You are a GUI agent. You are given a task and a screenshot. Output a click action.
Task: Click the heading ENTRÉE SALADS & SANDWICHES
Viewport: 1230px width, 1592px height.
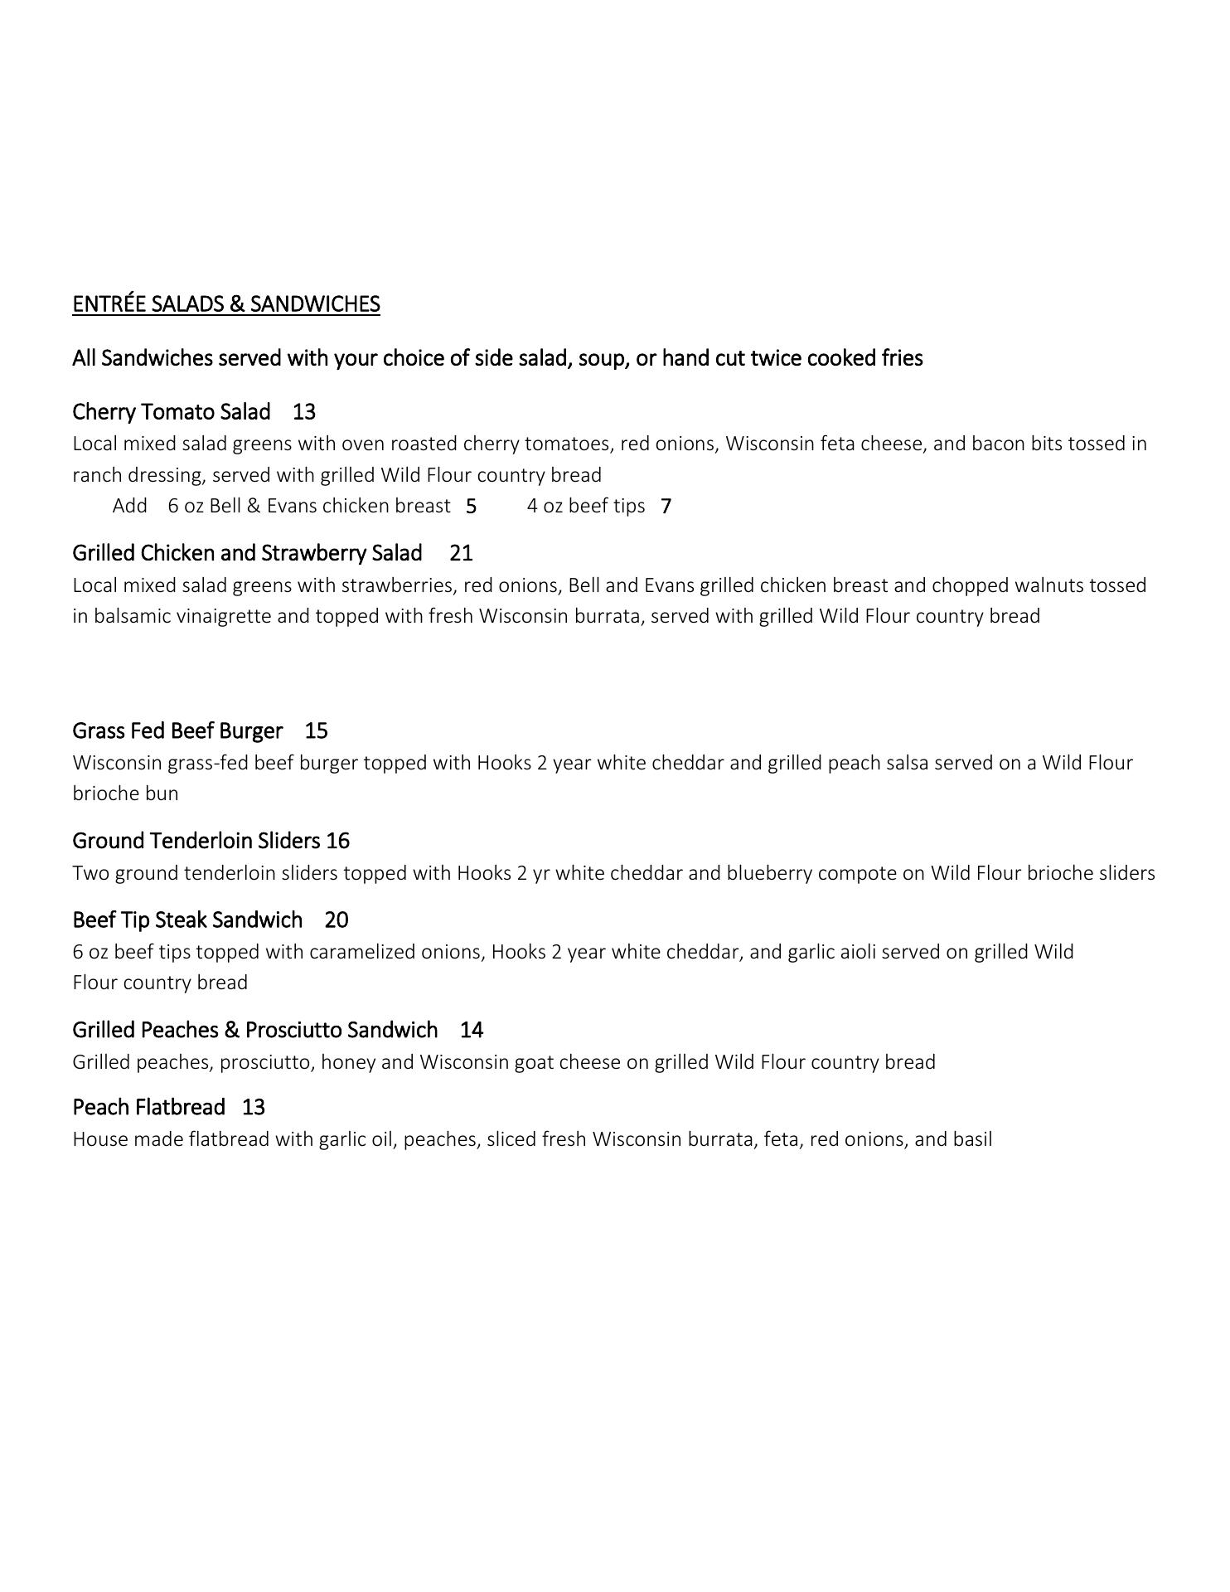pos(225,304)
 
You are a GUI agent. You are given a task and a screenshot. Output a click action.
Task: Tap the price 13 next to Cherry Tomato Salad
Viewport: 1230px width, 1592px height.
pos(304,412)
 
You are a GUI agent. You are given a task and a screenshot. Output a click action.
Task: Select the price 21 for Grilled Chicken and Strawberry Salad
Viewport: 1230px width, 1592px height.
pos(461,553)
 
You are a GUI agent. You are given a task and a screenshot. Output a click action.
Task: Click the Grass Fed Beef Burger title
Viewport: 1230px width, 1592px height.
pos(177,730)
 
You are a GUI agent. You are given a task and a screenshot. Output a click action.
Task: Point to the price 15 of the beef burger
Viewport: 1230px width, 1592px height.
pos(317,730)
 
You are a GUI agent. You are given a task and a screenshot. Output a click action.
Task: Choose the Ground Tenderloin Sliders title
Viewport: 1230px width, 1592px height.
pos(196,841)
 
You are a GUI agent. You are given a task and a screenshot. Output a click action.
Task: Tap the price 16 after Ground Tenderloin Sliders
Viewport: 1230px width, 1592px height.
pos(338,841)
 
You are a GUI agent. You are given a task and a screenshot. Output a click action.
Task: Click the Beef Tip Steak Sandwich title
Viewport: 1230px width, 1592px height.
pos(187,920)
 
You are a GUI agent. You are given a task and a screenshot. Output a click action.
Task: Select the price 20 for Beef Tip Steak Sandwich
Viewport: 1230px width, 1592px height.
pos(337,920)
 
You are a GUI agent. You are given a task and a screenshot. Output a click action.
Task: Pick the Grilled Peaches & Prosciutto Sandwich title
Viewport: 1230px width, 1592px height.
pos(254,1030)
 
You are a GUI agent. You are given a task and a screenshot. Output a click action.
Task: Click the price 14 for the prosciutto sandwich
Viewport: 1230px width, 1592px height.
pos(472,1030)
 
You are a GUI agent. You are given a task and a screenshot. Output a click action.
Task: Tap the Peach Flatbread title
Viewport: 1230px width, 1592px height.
pos(148,1107)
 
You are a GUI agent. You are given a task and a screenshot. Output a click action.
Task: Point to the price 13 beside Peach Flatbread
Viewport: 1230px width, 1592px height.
pos(254,1107)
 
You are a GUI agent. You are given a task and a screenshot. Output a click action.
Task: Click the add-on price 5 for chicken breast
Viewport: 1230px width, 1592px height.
pos(472,507)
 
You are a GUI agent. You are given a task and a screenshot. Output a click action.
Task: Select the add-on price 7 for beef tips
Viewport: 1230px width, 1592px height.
pos(666,507)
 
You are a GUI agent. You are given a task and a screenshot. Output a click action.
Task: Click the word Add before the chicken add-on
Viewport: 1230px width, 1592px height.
pos(130,506)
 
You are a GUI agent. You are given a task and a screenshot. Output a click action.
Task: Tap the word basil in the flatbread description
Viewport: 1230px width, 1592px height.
pos(972,1139)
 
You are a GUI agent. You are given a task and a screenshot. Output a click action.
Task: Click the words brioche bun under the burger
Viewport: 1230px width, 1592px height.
pos(125,794)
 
